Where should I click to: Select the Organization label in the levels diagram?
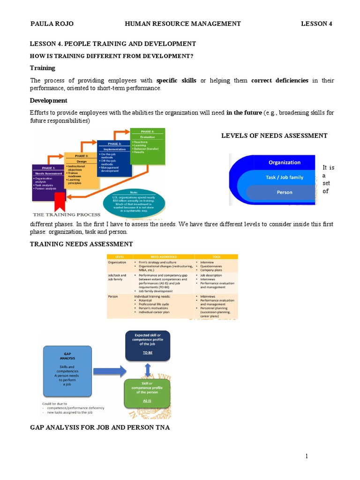pos(284,162)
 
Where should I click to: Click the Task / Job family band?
pos(284,177)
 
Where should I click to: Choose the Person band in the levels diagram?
pos(284,192)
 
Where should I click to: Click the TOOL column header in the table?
pos(216,256)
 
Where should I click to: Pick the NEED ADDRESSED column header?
pos(164,256)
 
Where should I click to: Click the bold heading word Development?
pos(48,101)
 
